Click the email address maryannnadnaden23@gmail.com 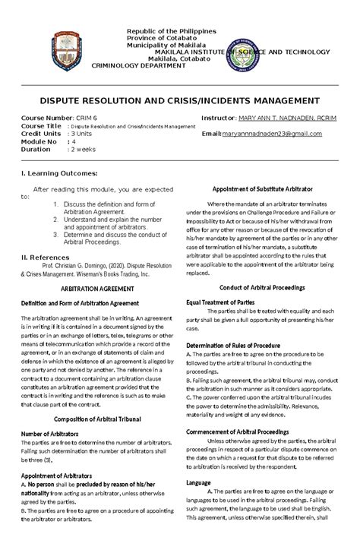(273, 133)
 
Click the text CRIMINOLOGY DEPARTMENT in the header (137, 66)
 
